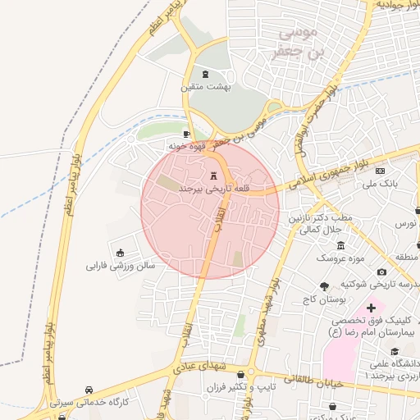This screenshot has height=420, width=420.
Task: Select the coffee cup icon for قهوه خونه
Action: (x=187, y=134)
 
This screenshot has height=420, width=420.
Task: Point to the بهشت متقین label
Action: (x=206, y=86)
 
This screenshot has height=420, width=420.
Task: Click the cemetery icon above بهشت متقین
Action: (x=205, y=74)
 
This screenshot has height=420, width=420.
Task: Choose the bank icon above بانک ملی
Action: (x=380, y=171)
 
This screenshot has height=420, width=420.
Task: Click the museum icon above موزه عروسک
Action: (x=341, y=246)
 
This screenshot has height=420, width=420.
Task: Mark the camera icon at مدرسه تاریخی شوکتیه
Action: (x=381, y=272)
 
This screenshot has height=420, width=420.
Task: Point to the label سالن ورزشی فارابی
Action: (x=121, y=266)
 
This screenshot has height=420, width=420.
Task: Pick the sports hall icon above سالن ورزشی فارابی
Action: (x=121, y=253)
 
